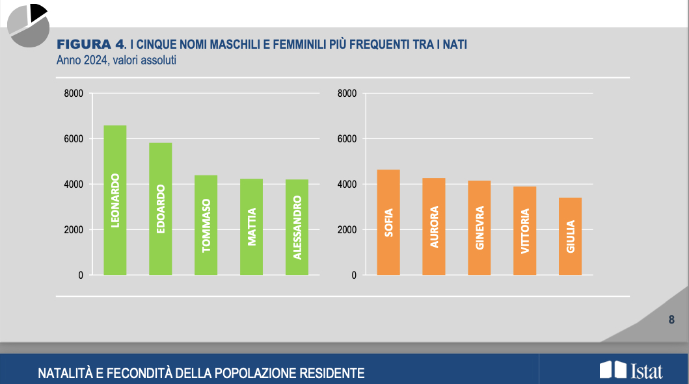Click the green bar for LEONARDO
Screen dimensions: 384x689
pyautogui.click(x=115, y=200)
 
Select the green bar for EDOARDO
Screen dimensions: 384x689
pyautogui.click(x=161, y=209)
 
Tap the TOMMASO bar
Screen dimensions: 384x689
pyautogui.click(x=206, y=225)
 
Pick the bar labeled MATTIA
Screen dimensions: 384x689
pyautogui.click(x=251, y=227)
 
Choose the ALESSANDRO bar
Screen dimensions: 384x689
pyautogui.click(x=297, y=227)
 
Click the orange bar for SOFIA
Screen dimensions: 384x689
pyautogui.click(x=388, y=222)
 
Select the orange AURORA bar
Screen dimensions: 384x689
pyautogui.click(x=434, y=226)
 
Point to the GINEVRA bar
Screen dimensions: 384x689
pyautogui.click(x=480, y=227)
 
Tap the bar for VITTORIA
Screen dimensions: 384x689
pyautogui.click(x=524, y=231)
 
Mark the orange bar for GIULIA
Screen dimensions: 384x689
pyautogui.click(x=570, y=237)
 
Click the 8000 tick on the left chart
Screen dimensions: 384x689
pyautogui.click(x=74, y=94)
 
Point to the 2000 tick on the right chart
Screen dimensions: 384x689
pyautogui.click(x=347, y=230)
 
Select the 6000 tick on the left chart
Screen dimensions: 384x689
pyautogui.click(x=74, y=139)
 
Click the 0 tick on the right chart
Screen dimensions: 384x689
pyautogui.click(x=354, y=275)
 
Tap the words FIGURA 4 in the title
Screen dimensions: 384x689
pyautogui.click(x=90, y=44)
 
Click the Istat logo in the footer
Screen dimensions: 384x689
pyautogui.click(x=630, y=370)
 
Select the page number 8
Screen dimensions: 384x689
pyautogui.click(x=671, y=320)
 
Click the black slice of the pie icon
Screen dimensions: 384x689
pyautogui.click(x=38, y=11)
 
